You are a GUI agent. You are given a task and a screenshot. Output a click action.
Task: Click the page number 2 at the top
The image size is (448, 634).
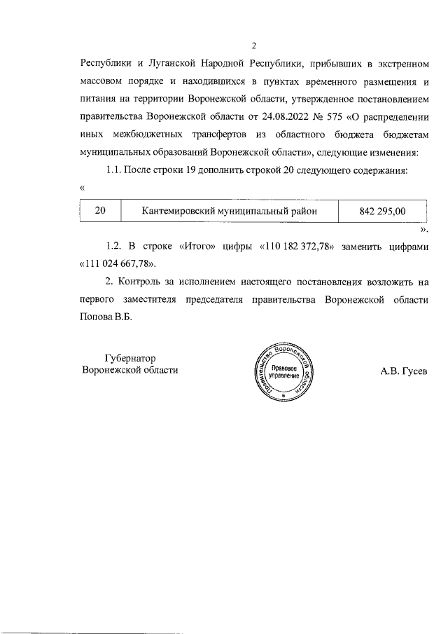[x=254, y=46]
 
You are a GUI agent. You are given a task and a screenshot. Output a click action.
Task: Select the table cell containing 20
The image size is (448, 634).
[x=100, y=210]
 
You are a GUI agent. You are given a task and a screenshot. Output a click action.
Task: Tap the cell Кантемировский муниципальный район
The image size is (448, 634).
[x=229, y=210]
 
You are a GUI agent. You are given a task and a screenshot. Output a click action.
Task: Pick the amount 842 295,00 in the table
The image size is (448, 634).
[x=382, y=210]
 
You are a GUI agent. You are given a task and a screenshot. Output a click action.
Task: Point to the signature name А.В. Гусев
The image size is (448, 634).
[x=403, y=371]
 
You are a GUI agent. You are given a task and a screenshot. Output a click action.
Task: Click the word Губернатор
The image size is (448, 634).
[x=129, y=357]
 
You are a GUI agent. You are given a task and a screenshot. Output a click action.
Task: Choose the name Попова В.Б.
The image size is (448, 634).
[x=106, y=316]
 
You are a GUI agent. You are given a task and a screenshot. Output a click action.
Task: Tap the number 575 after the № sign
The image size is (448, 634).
[x=353, y=116]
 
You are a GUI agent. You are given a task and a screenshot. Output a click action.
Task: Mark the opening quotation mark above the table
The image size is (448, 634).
[x=83, y=188]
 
